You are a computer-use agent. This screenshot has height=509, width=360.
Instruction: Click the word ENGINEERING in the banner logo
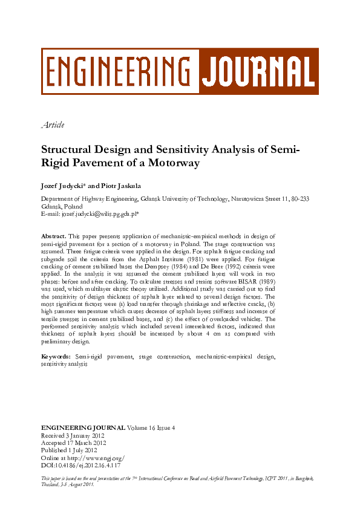(119, 71)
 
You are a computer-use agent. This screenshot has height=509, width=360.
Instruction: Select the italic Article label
(52, 125)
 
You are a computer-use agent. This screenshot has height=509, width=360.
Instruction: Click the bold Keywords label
(56, 357)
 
